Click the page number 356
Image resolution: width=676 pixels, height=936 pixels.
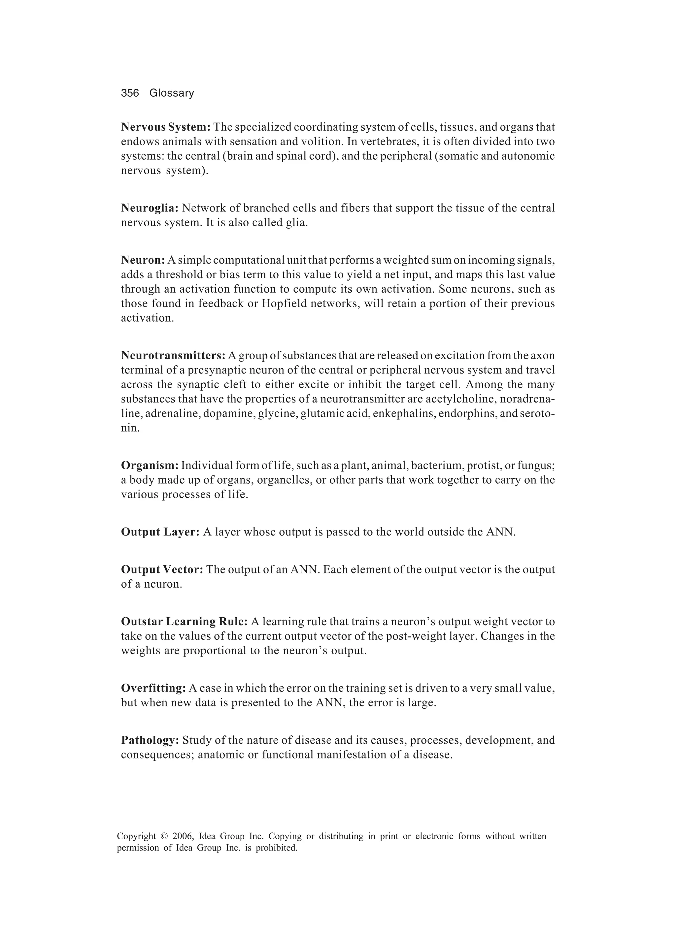pyautogui.click(x=130, y=93)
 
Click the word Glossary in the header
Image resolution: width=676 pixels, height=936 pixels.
pyautogui.click(x=171, y=93)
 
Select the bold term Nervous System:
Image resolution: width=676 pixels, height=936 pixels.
pyautogui.click(x=166, y=127)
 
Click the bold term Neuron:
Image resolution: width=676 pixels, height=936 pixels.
pyautogui.click(x=143, y=260)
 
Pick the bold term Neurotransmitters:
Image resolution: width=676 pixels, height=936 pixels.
pyautogui.click(x=173, y=355)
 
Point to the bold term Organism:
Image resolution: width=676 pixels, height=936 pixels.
pyautogui.click(x=150, y=465)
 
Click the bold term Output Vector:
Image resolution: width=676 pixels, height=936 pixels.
pyautogui.click(x=162, y=569)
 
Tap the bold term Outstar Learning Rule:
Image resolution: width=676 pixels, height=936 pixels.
pyautogui.click(x=184, y=622)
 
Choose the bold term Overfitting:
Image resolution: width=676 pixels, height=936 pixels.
pyautogui.click(x=153, y=688)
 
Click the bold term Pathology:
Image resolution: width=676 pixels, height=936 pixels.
pyautogui.click(x=150, y=740)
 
